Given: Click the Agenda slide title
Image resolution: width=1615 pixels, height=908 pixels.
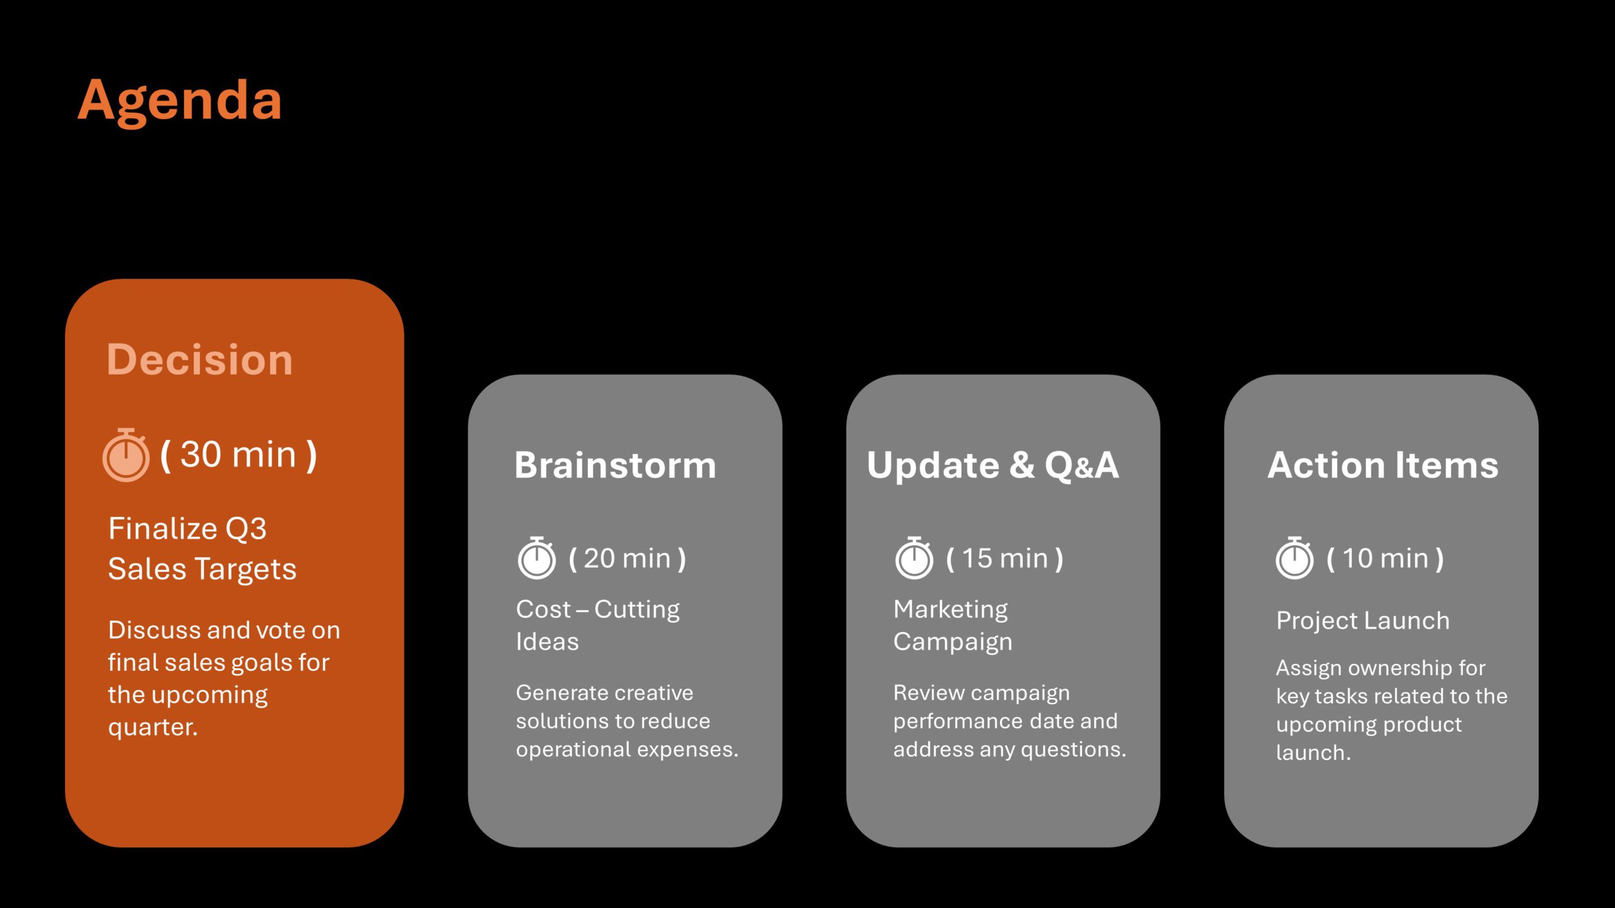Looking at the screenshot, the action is point(180,101).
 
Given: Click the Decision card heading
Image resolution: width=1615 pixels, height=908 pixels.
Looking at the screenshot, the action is point(200,359).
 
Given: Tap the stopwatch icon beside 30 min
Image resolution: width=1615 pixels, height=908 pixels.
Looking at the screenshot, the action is point(126,455).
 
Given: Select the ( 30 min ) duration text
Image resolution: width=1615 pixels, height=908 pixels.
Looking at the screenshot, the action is point(238,455).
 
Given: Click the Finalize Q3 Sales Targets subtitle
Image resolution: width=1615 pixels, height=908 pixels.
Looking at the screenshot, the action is point(202,549).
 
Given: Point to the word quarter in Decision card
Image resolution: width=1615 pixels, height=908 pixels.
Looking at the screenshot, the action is point(153,728).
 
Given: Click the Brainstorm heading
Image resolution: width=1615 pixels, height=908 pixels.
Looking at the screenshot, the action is point(615,465).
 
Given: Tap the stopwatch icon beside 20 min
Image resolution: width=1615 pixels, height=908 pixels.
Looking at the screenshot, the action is point(537,558).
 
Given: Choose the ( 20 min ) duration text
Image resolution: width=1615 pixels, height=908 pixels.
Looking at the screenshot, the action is point(628,559).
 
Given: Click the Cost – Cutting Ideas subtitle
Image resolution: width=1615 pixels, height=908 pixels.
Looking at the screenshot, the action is point(597,625).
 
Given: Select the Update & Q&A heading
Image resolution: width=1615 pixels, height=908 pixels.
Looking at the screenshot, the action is point(993,465).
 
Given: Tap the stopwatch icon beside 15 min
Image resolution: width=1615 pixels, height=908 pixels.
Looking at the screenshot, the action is point(914,558).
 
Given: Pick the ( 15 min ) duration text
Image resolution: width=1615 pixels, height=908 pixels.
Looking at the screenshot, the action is point(1005,559).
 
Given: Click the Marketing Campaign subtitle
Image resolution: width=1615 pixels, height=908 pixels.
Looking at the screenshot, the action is point(953,625).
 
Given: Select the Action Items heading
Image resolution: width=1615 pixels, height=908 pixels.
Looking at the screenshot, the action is point(1383,465).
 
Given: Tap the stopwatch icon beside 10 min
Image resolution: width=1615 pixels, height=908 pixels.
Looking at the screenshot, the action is point(1295,558).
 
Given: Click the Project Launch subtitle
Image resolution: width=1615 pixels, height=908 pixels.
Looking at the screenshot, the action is point(1363,621).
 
